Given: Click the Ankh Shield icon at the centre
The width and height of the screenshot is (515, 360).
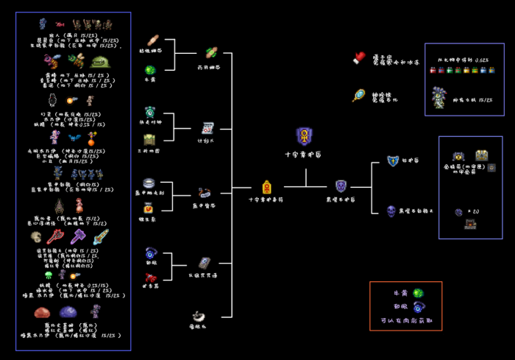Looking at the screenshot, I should click(304, 136).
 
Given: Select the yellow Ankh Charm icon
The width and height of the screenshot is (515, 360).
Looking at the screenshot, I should click(267, 187).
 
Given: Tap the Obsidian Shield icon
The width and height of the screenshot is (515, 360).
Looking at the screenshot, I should click(341, 186).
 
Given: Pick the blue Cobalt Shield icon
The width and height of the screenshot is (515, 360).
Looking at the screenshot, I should click(393, 161).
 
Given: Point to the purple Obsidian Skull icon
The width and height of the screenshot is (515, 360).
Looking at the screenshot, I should click(392, 211).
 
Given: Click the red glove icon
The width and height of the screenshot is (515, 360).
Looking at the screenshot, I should click(359, 57).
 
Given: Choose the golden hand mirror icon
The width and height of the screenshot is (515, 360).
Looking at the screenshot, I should click(359, 96).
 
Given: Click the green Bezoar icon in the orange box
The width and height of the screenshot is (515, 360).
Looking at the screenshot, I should click(418, 294).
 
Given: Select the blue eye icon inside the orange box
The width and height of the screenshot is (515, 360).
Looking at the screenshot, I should click(419, 307).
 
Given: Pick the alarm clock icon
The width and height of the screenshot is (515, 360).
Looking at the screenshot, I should click(150, 112).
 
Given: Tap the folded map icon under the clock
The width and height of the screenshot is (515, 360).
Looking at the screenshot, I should click(150, 139).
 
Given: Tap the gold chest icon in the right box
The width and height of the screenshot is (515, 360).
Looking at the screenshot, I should click(482, 155).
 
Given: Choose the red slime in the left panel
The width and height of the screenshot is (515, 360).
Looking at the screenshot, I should click(42, 312).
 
